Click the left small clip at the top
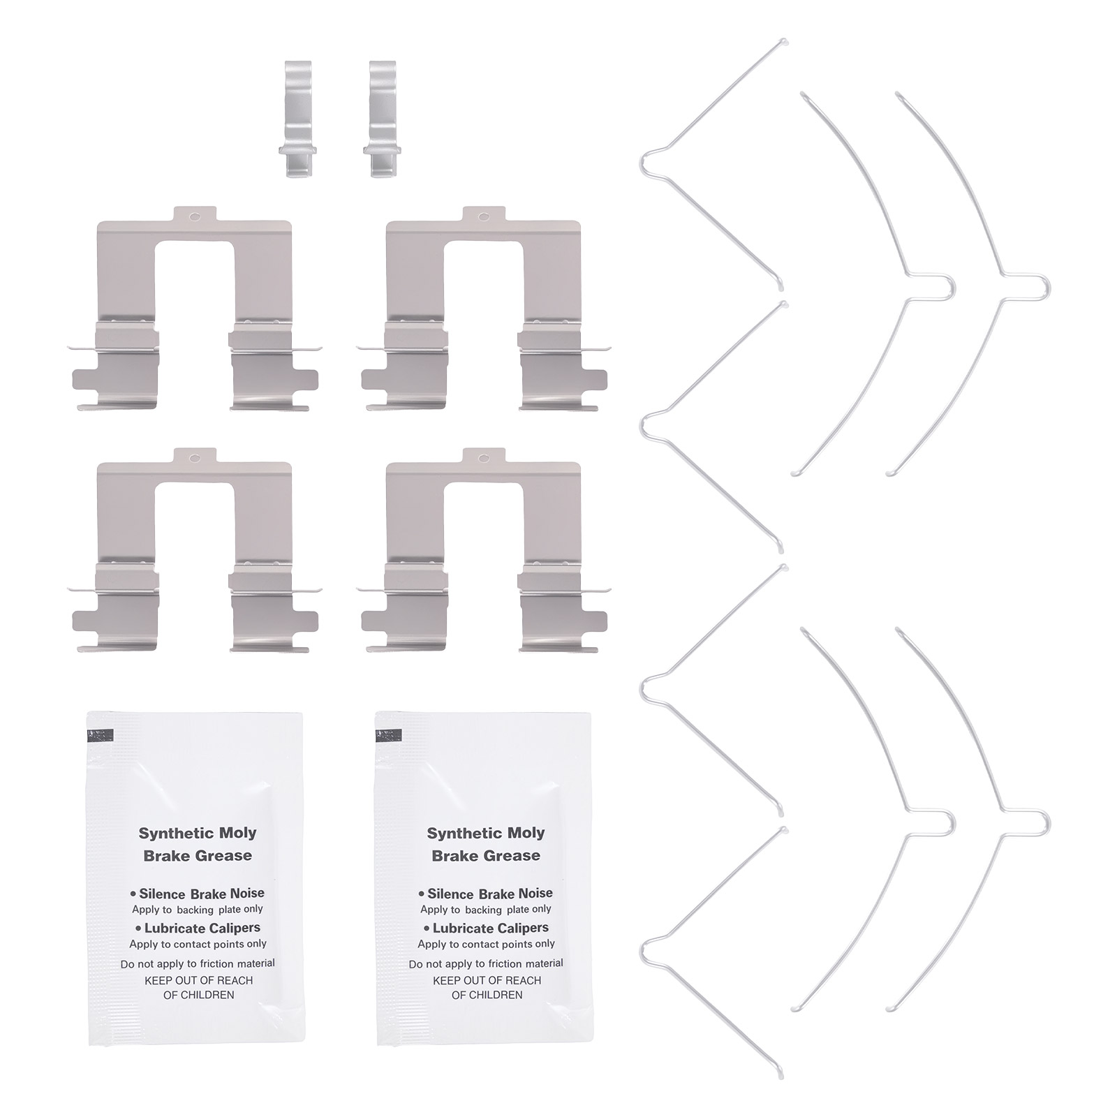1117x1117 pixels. click(297, 119)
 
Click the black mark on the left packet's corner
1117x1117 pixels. click(100, 735)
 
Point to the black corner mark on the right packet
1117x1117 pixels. click(389, 735)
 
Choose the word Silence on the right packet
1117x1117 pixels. click(451, 894)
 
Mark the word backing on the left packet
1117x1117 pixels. click(195, 910)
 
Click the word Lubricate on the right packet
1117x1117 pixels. click(464, 928)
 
